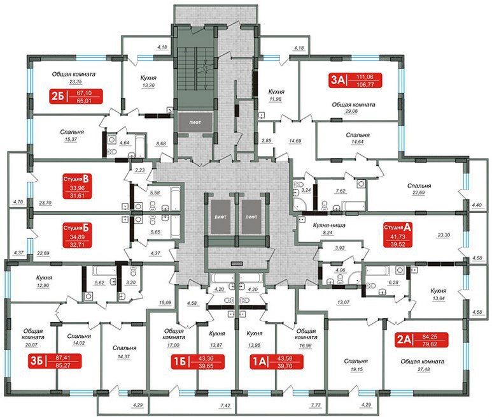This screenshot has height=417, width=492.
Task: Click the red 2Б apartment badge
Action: pyautogui.click(x=76, y=96)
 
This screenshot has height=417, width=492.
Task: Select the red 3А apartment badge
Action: pyautogui.click(x=355, y=80)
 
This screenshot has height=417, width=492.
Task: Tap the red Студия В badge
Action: pyautogui.click(x=77, y=186)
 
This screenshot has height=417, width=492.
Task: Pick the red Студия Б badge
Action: pyautogui.click(x=77, y=235)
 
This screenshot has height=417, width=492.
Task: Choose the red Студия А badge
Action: pyautogui.click(x=398, y=235)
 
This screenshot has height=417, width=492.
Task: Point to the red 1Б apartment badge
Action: pyautogui.click(x=198, y=362)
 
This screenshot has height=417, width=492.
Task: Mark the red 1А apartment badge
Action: pyautogui.click(x=277, y=362)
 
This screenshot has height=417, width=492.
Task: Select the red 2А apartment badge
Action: pyautogui.click(x=421, y=340)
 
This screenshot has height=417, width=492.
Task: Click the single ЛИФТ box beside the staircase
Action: pyautogui.click(x=195, y=122)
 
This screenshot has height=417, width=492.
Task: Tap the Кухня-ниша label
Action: pyautogui.click(x=329, y=225)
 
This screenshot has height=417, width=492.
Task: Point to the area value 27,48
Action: pyautogui.click(x=424, y=369)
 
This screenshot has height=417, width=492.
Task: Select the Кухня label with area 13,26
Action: pyautogui.click(x=148, y=78)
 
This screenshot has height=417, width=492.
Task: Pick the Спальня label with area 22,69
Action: pyautogui.click(x=419, y=186)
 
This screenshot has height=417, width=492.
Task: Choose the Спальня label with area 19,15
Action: pyautogui.click(x=356, y=362)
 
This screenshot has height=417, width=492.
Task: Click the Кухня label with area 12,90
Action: pyautogui.click(x=45, y=278)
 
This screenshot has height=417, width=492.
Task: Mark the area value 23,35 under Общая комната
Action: pyautogui.click(x=76, y=82)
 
